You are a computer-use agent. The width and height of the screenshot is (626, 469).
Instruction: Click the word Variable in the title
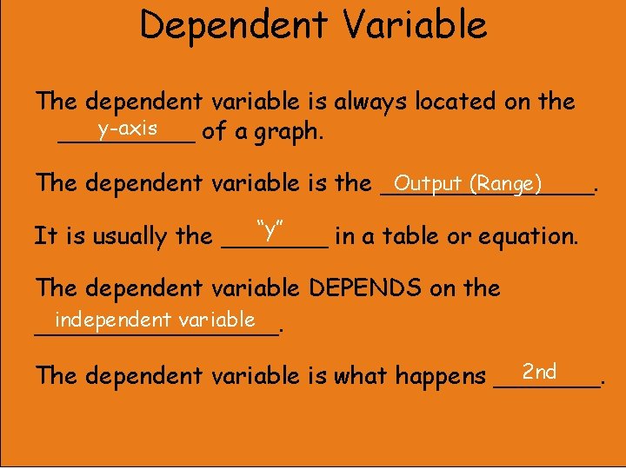coord(415,24)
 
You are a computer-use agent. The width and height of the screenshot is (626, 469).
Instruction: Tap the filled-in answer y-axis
coord(128,129)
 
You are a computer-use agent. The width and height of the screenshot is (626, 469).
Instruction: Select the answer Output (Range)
coord(468,183)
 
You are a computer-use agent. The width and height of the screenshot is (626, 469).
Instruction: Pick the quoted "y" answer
coord(273,231)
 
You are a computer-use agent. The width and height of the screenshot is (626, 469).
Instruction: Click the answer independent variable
coord(153,320)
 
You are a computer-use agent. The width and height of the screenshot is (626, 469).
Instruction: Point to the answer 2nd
coord(540,372)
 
